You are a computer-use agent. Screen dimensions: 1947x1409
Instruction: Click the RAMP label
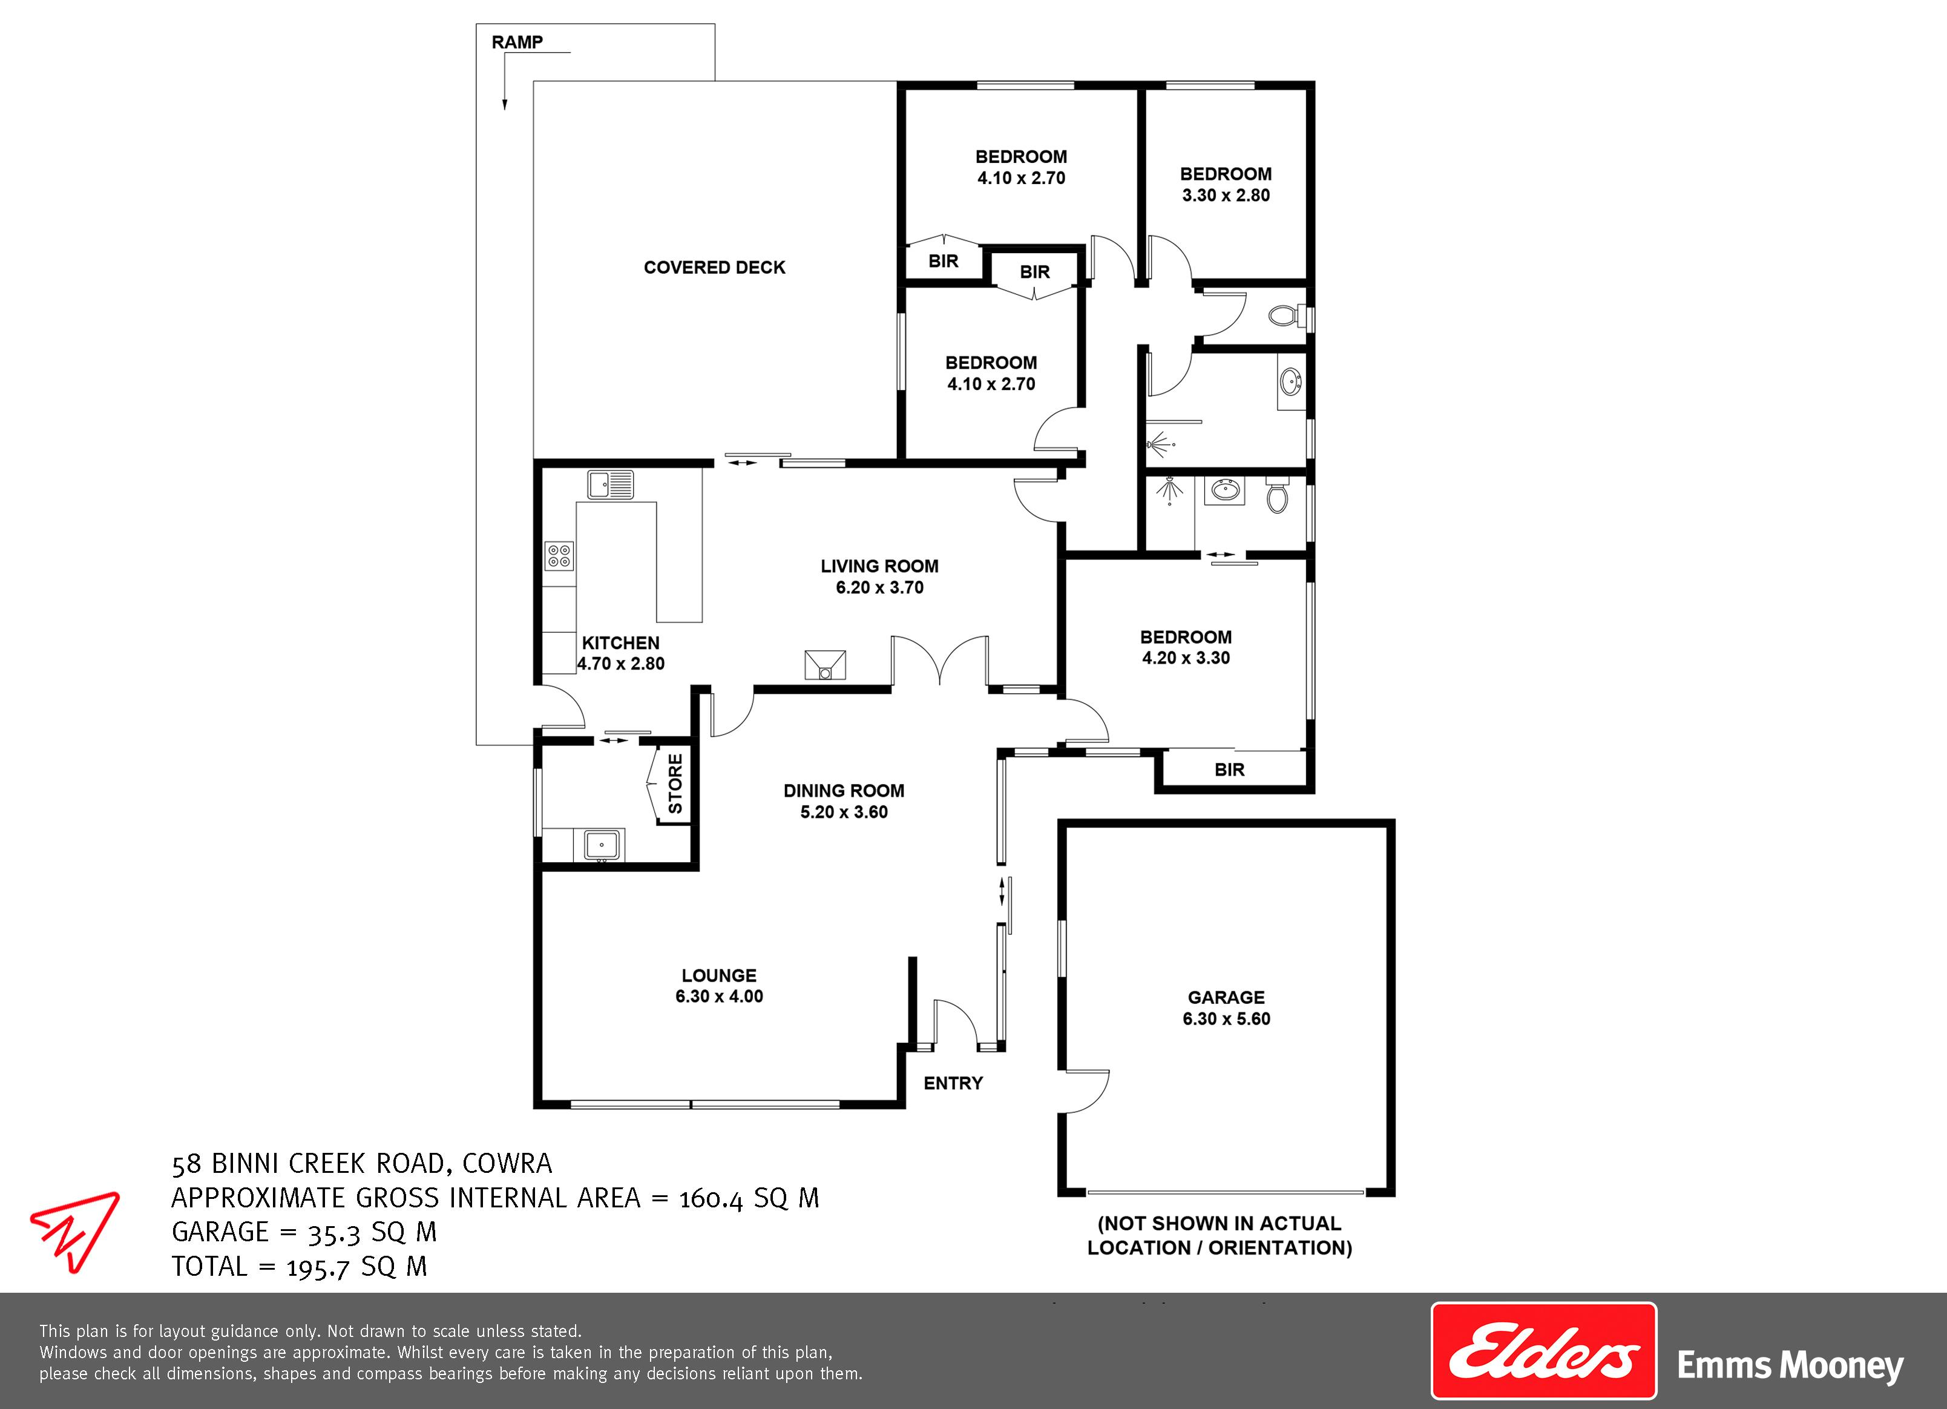[x=517, y=42]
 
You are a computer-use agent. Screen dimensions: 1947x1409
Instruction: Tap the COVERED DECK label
[x=714, y=267]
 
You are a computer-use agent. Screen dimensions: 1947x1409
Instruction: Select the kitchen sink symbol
[x=611, y=484]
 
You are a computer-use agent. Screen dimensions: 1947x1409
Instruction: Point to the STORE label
[x=675, y=784]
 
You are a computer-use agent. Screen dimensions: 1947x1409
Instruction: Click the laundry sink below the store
[x=602, y=844]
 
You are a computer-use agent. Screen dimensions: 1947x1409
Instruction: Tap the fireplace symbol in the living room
[x=825, y=665]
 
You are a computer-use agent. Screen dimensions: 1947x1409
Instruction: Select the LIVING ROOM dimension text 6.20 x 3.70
[x=880, y=587]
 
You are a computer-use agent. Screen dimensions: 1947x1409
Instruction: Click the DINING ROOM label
[x=844, y=790]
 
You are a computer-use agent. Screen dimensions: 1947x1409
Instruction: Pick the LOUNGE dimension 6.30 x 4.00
[x=720, y=996]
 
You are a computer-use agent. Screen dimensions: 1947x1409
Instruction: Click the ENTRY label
[x=953, y=1083]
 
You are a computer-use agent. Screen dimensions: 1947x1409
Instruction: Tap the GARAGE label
[x=1226, y=997]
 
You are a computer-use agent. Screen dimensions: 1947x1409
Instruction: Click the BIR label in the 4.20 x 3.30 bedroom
[x=1229, y=770]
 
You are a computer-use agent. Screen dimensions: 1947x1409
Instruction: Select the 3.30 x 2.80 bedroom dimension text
[x=1226, y=195]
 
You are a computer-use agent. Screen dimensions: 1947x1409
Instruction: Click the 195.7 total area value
[x=318, y=1267]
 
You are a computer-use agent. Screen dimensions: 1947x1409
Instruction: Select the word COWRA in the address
[x=507, y=1163]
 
